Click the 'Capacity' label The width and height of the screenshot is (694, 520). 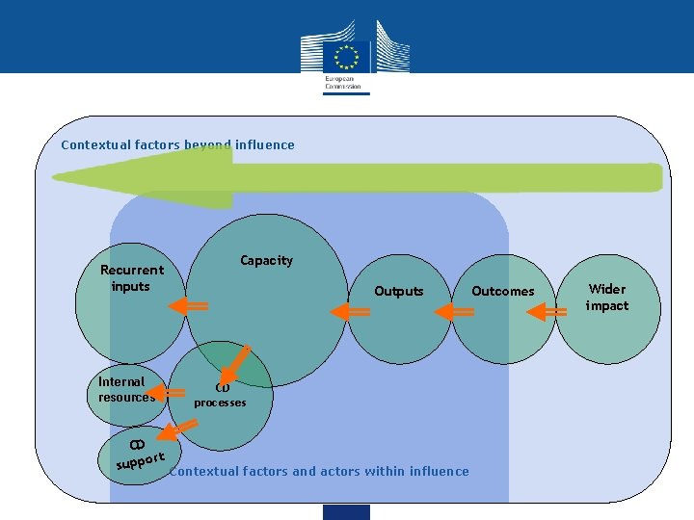point(266,260)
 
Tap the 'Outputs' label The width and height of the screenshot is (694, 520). point(398,291)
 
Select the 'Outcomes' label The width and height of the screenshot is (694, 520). point(502,291)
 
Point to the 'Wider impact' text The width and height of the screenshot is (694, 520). point(607,297)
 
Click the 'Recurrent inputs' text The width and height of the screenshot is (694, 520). point(131,277)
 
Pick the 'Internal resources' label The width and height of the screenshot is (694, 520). point(125,389)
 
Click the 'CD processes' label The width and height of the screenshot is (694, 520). point(220,396)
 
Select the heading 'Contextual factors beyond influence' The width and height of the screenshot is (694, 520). point(177,144)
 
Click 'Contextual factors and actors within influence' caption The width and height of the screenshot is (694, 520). point(319,471)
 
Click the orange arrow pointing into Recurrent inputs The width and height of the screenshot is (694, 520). point(189,305)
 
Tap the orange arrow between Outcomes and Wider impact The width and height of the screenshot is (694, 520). point(549,311)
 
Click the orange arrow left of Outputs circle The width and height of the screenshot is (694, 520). point(351,312)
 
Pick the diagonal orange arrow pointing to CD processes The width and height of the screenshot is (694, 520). point(235,365)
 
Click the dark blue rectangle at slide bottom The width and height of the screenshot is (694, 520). point(346,511)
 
